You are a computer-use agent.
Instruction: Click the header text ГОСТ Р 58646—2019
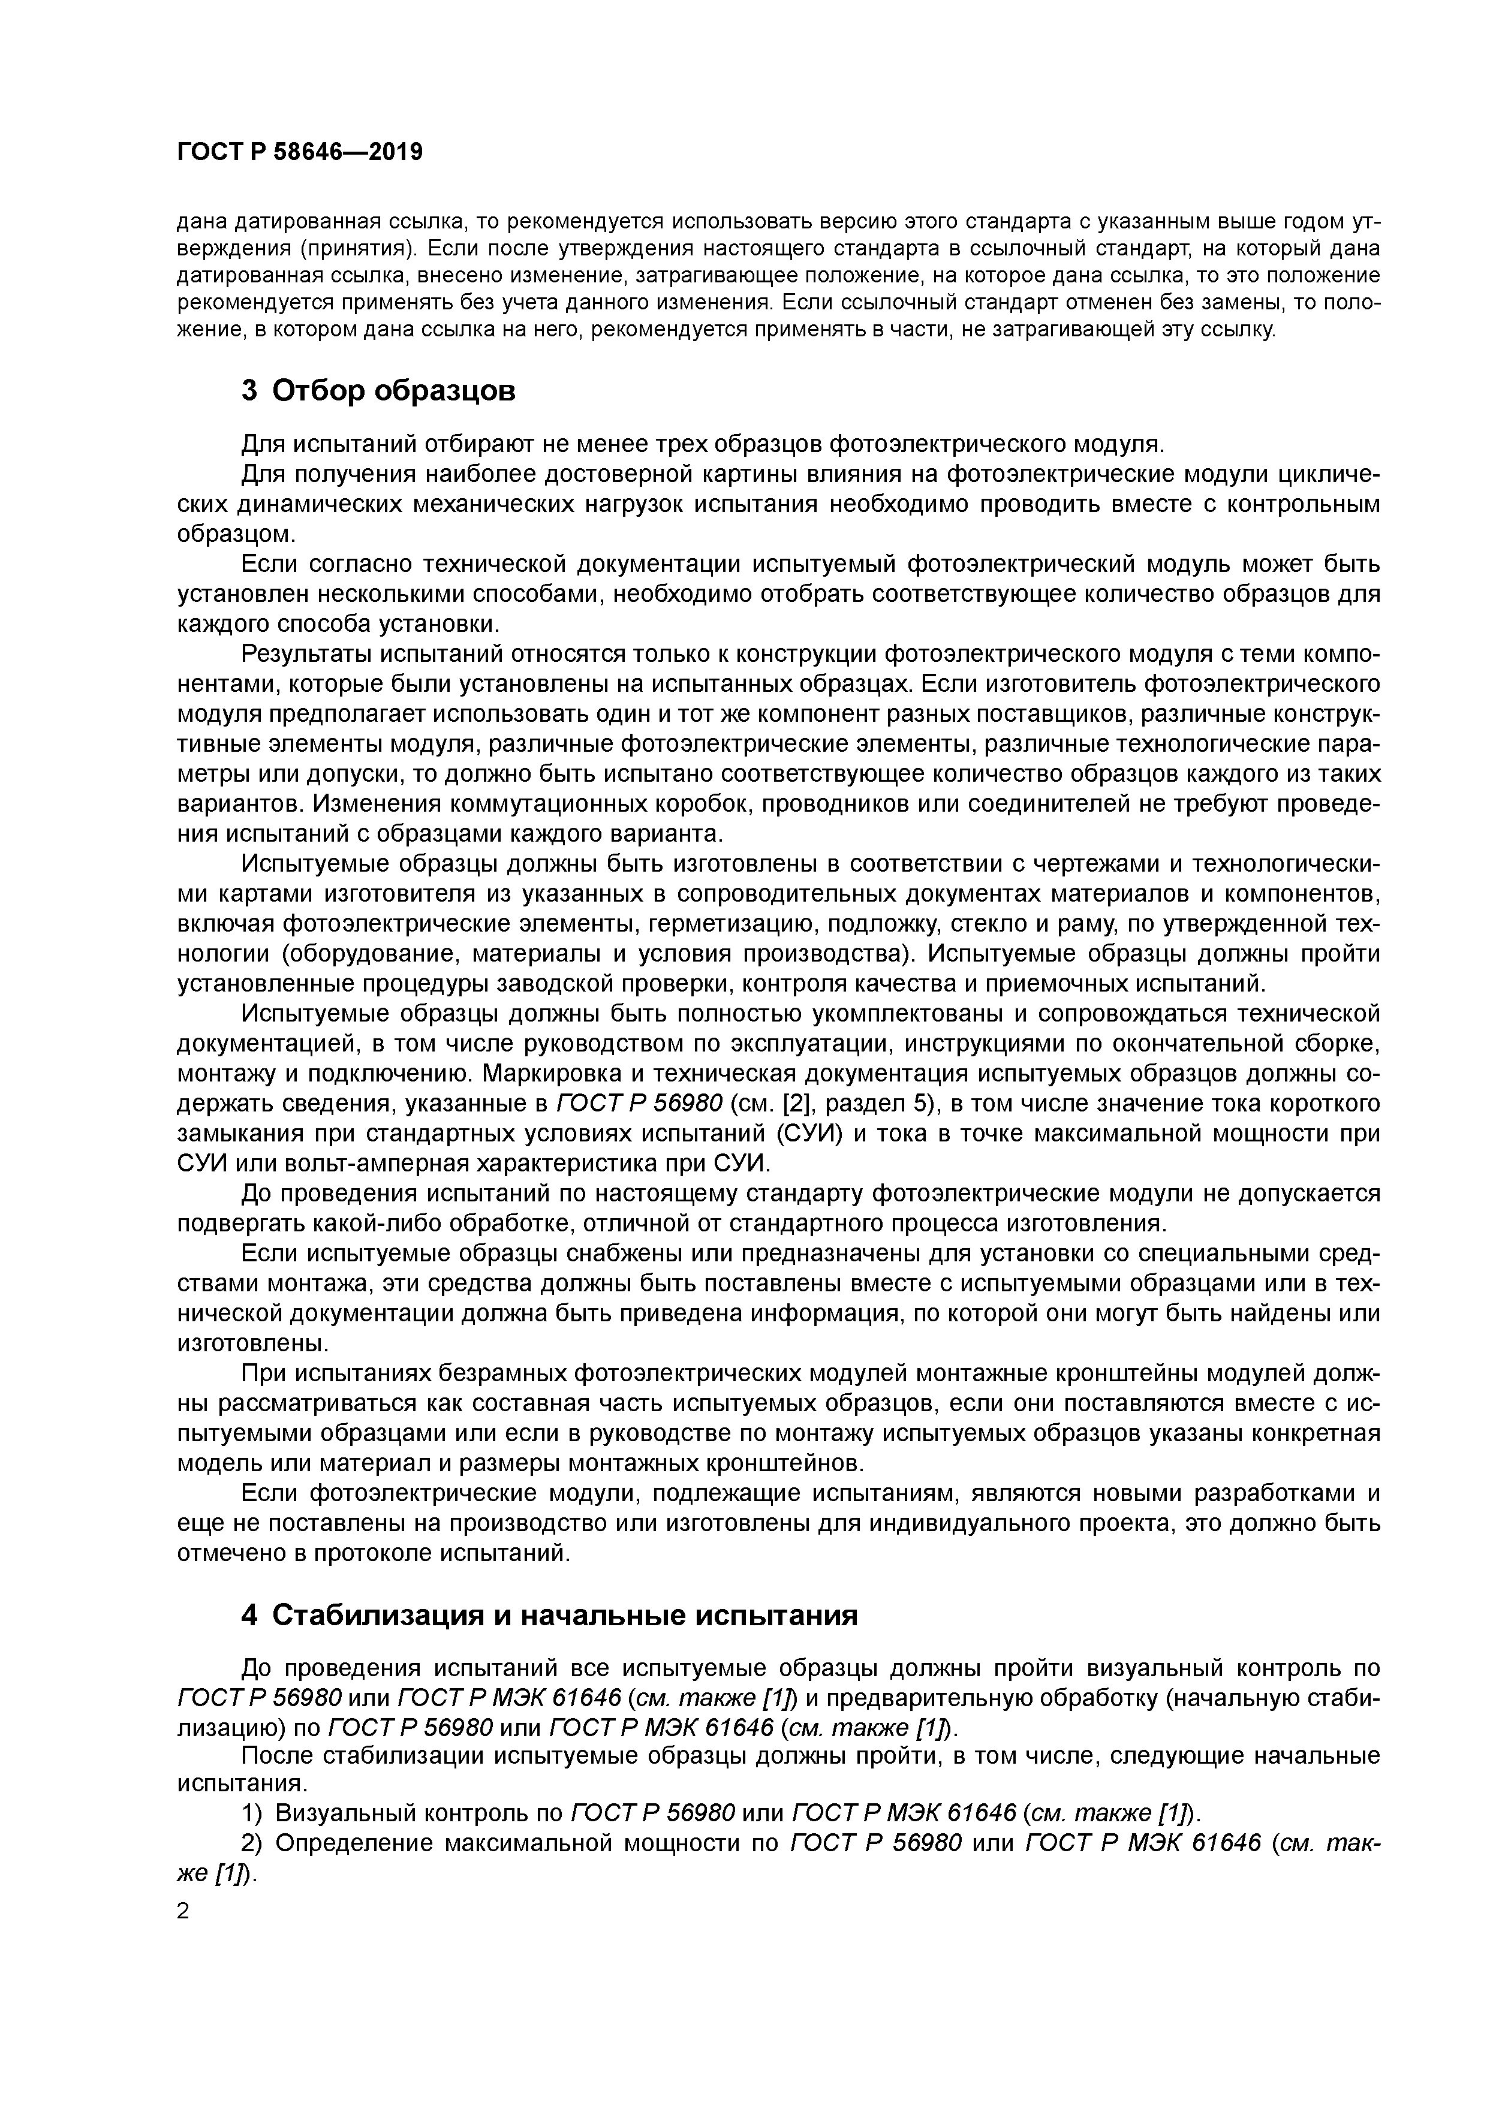[x=300, y=152]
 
